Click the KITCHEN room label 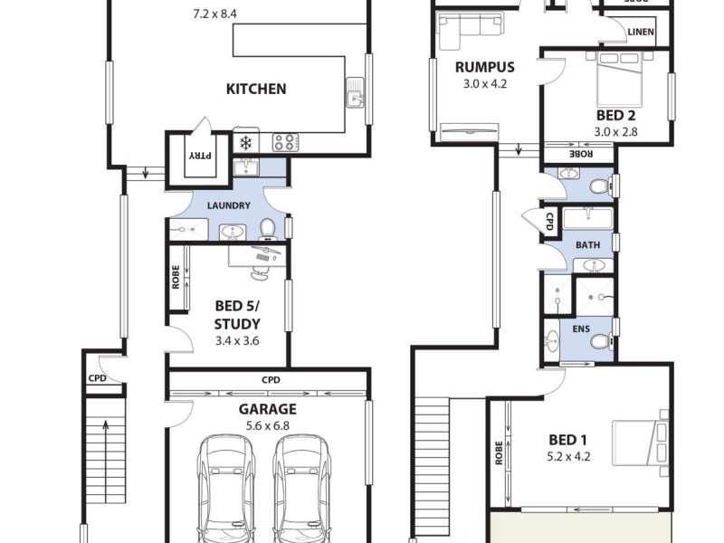(256, 89)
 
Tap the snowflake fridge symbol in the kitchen (245, 142)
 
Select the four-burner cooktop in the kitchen (285, 142)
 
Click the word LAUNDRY (228, 205)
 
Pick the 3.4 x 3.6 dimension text (237, 341)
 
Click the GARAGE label (267, 408)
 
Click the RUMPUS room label (485, 67)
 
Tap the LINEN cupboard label (641, 33)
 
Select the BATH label (587, 244)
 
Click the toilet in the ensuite (600, 341)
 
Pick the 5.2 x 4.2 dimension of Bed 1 (569, 456)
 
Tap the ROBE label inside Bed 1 (499, 452)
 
